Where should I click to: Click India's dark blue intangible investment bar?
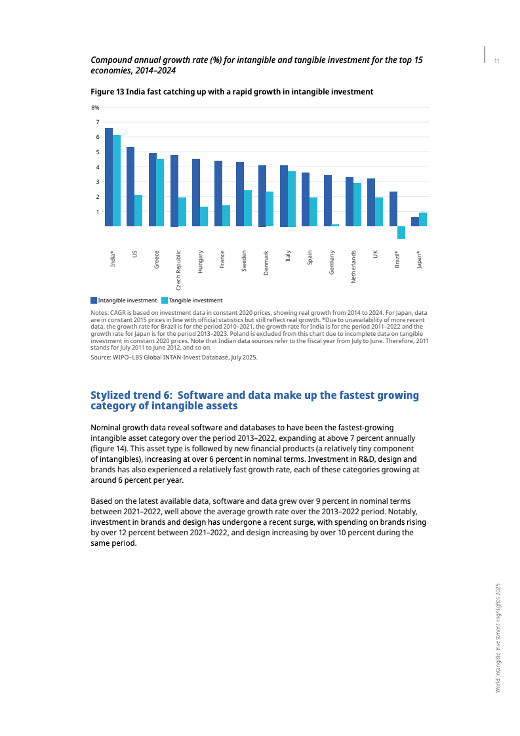tap(109, 177)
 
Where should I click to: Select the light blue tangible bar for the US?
tap(138, 211)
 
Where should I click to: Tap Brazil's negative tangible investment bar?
tap(401, 232)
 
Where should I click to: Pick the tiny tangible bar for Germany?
tap(335, 225)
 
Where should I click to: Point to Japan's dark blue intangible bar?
tap(415, 222)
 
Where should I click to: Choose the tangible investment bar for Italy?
tap(291, 199)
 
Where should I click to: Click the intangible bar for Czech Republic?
tap(174, 190)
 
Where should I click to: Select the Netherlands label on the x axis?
tap(353, 266)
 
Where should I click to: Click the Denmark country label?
tap(266, 263)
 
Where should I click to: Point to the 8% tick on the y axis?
tap(95, 107)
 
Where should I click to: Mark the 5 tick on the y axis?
tap(97, 152)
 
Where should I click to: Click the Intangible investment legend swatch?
tap(94, 300)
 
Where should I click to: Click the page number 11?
tap(497, 61)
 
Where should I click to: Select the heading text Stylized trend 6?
tap(131, 395)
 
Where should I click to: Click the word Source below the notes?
tap(100, 358)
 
